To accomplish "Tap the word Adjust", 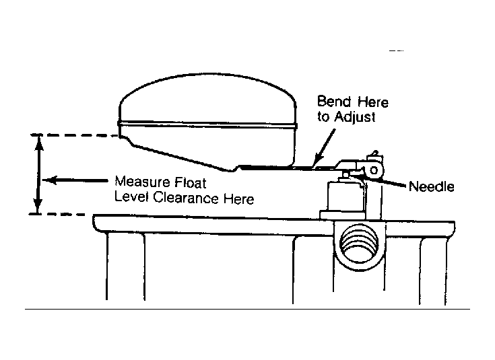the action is click(355, 116).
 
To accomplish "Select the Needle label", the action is click(432, 186).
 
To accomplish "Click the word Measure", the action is click(137, 182).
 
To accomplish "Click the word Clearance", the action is click(186, 198).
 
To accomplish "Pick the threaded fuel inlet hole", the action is click(359, 244).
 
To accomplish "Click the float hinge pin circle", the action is click(374, 171).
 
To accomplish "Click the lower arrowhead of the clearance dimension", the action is click(38, 206).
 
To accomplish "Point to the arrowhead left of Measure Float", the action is click(49, 180).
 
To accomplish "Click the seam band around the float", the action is click(207, 125).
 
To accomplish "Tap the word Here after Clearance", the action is click(239, 199).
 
